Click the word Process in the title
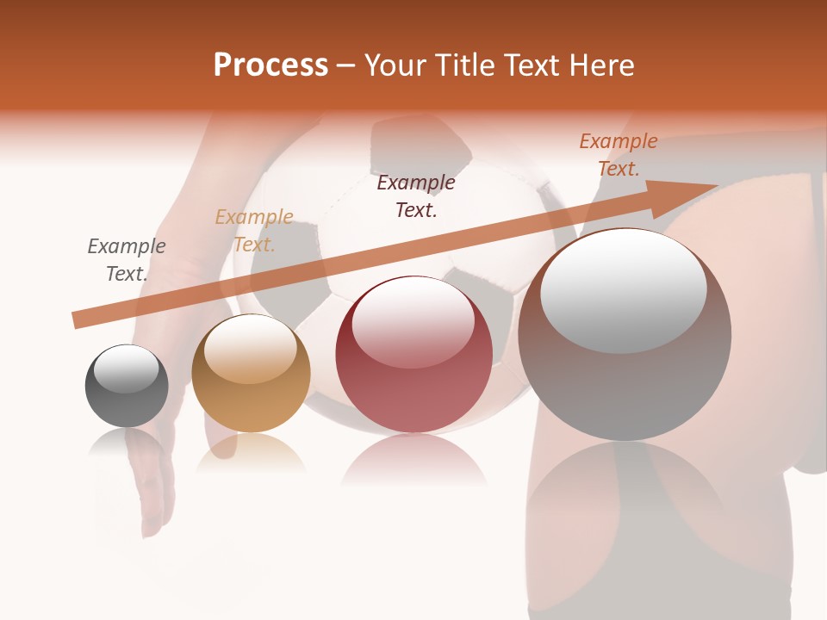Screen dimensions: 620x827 [270, 65]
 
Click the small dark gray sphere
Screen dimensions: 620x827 [127, 386]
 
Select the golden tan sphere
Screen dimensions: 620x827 [251, 373]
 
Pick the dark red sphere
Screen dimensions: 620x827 [413, 354]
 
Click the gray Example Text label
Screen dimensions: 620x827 [127, 260]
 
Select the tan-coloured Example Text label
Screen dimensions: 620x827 [254, 231]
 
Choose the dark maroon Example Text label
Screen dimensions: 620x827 [416, 196]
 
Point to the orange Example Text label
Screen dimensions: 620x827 [619, 155]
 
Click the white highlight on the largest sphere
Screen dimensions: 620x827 [623, 290]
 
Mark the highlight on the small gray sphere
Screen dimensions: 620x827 [126, 369]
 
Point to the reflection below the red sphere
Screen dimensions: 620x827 [413, 461]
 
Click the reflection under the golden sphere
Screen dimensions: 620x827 [251, 453]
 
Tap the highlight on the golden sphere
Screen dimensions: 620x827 [250, 349]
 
